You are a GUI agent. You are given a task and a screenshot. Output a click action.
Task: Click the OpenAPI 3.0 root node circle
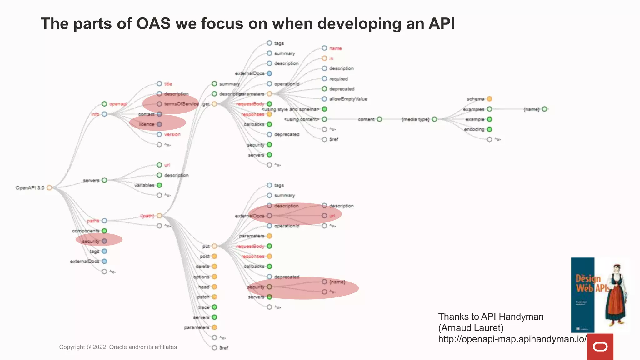pyautogui.click(x=49, y=188)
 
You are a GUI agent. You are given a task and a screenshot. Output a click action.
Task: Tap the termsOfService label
pyautogui.click(x=181, y=104)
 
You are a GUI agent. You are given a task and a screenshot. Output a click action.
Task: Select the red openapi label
pyautogui.click(x=118, y=104)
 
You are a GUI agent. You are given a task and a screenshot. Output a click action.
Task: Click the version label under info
pyautogui.click(x=172, y=134)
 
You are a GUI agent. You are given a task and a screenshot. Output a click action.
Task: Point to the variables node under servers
pyautogui.click(x=159, y=185)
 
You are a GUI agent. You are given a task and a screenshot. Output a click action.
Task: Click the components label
pyautogui.click(x=85, y=231)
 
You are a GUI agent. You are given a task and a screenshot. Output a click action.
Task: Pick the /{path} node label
pyautogui.click(x=147, y=216)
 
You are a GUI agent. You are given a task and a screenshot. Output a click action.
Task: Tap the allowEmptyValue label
pyautogui.click(x=348, y=99)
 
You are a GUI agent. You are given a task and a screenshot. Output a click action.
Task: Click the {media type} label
pyautogui.click(x=415, y=119)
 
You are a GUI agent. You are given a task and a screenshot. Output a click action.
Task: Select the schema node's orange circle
pyautogui.click(x=489, y=99)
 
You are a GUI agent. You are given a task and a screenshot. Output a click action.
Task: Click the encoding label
pyautogui.click(x=474, y=129)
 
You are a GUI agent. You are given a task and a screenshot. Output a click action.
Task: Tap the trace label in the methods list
pyautogui.click(x=203, y=307)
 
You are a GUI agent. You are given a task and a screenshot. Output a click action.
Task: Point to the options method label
pyautogui.click(x=201, y=277)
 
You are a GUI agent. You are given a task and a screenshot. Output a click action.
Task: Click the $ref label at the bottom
pyautogui.click(x=224, y=348)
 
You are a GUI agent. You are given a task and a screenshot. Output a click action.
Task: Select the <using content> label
pyautogui.click(x=302, y=119)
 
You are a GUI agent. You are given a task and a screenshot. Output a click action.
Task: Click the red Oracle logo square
pyautogui.click(x=600, y=347)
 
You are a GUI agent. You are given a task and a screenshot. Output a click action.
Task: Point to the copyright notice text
pyautogui.click(x=118, y=347)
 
